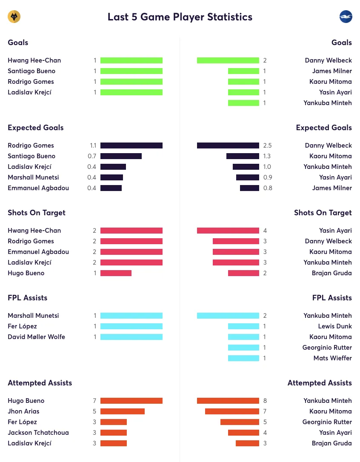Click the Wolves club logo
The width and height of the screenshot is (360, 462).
[14, 17]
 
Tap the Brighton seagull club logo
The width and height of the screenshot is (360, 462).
[346, 17]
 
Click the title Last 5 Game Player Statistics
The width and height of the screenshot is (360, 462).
[180, 17]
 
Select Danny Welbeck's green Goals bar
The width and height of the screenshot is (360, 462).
[228, 60]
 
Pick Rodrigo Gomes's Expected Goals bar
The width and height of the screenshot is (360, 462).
[131, 145]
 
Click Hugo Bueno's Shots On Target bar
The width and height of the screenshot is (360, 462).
[116, 273]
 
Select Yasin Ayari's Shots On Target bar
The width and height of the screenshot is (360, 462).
[228, 231]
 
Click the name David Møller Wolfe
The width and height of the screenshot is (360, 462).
[36, 337]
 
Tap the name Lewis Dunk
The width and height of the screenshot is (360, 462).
[335, 326]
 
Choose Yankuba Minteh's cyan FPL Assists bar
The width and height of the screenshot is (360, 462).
[228, 316]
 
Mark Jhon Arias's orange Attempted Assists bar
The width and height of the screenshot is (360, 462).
[123, 411]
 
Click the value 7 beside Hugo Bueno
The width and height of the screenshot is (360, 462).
[94, 401]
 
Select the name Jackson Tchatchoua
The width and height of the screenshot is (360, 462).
[38, 433]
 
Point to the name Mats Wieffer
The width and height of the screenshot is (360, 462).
[332, 358]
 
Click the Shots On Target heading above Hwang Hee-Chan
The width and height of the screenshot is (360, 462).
[37, 213]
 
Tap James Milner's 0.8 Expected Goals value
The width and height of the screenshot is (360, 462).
[268, 188]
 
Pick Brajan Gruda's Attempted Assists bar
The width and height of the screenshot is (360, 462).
[247, 443]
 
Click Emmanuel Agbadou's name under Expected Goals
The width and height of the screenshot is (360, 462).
[38, 188]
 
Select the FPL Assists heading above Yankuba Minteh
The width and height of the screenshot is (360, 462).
[332, 298]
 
